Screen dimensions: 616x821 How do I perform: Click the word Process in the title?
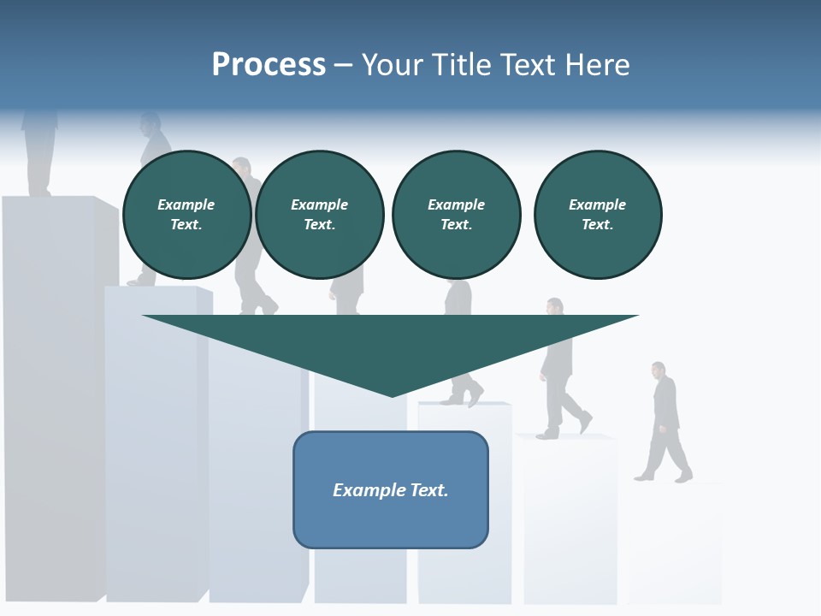[269, 65]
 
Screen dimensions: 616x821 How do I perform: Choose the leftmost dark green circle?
[186, 215]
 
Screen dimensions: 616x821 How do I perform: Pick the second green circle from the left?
[320, 215]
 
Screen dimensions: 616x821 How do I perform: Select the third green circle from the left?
[456, 215]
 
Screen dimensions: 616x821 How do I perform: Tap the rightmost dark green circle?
[598, 215]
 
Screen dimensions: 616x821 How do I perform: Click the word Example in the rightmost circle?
[598, 204]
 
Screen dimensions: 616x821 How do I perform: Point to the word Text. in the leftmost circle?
[186, 225]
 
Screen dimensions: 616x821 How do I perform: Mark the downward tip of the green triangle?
[392, 394]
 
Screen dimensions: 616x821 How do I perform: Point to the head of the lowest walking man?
[658, 370]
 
